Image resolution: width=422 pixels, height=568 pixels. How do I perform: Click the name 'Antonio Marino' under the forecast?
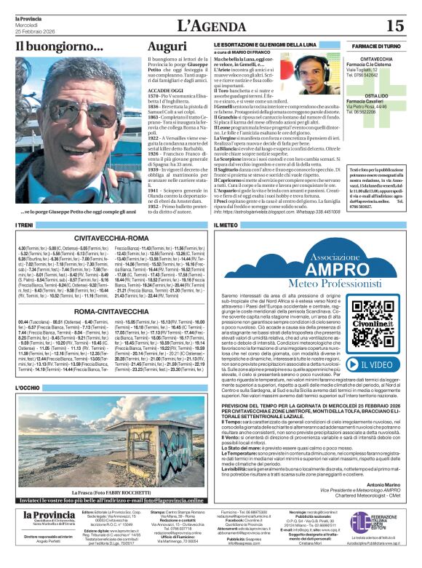385,505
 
